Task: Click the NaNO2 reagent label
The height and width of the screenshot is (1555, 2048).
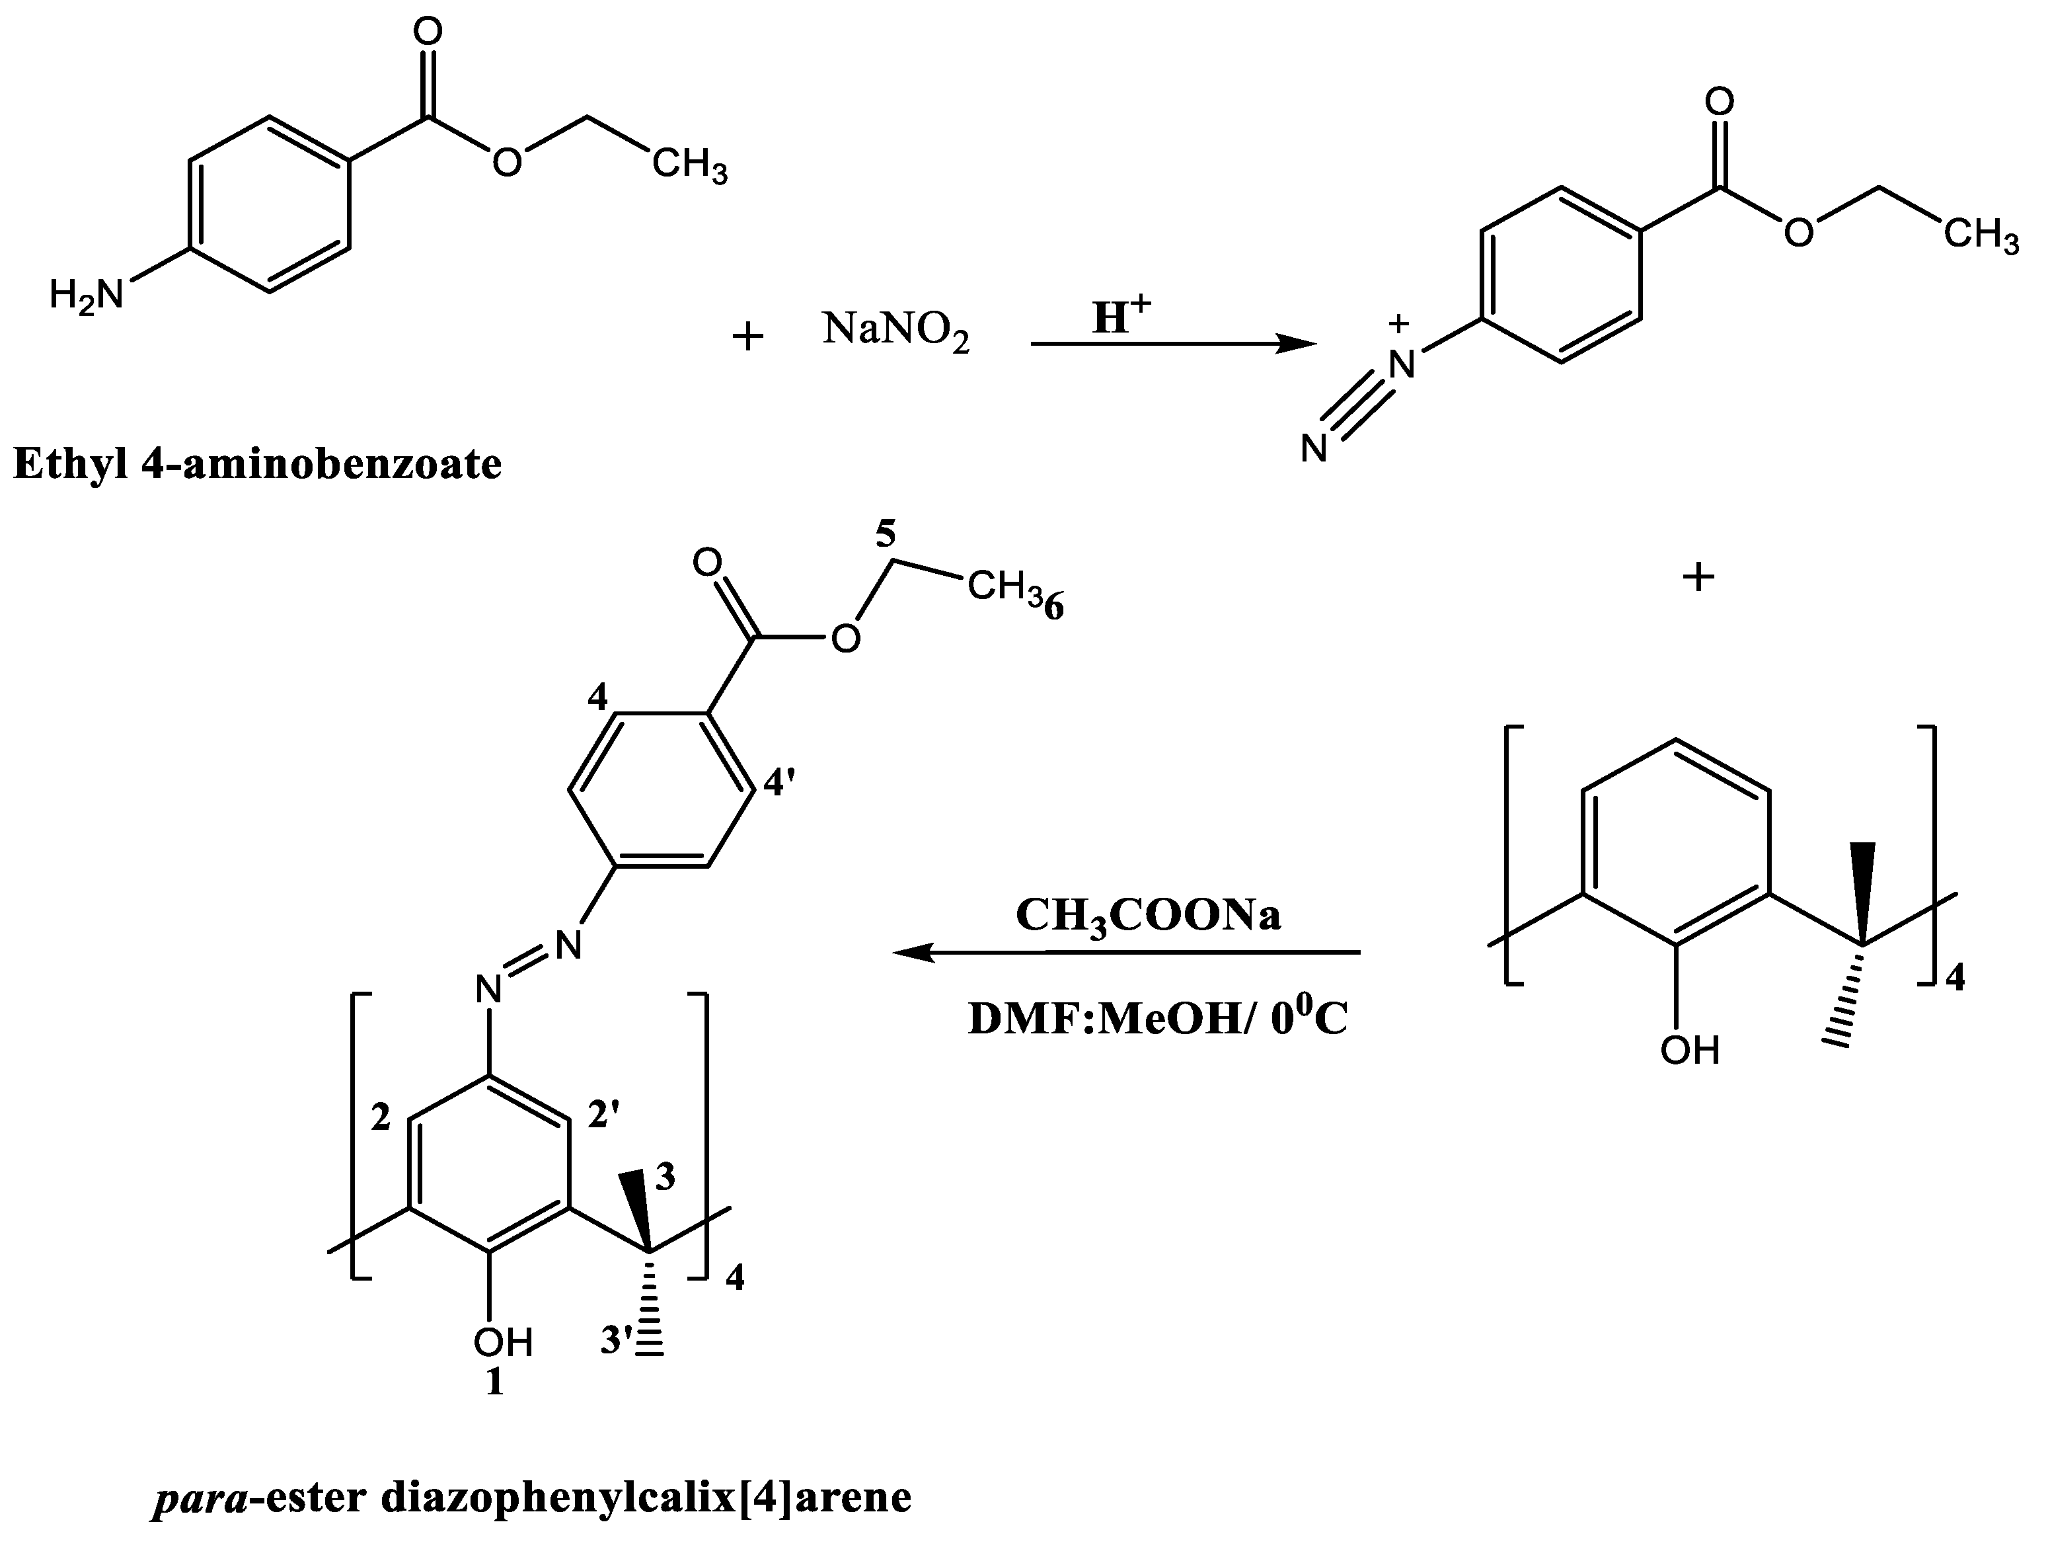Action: pyautogui.click(x=895, y=331)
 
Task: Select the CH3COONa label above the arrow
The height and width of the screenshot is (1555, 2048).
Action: pyautogui.click(x=1148, y=916)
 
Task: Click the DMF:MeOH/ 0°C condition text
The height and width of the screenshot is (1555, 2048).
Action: pyautogui.click(x=1157, y=1019)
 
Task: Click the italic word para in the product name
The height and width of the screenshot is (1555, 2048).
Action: pyautogui.click(x=199, y=1497)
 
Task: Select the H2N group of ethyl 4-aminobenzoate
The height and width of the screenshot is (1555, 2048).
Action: pyautogui.click(x=86, y=296)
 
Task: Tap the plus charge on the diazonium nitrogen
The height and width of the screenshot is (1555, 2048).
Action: pyautogui.click(x=1400, y=324)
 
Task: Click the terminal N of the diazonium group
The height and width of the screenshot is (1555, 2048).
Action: pyautogui.click(x=1314, y=450)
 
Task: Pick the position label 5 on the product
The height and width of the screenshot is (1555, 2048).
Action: pyautogui.click(x=886, y=534)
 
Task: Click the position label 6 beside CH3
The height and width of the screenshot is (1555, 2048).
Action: pyautogui.click(x=1053, y=608)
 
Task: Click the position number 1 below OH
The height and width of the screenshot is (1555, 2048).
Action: pyautogui.click(x=496, y=1382)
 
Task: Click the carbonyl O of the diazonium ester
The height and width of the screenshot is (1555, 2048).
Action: pyautogui.click(x=1720, y=102)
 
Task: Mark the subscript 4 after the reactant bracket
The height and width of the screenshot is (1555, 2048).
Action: pyautogui.click(x=1954, y=978)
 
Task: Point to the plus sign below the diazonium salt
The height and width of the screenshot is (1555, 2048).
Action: pyautogui.click(x=1698, y=578)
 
